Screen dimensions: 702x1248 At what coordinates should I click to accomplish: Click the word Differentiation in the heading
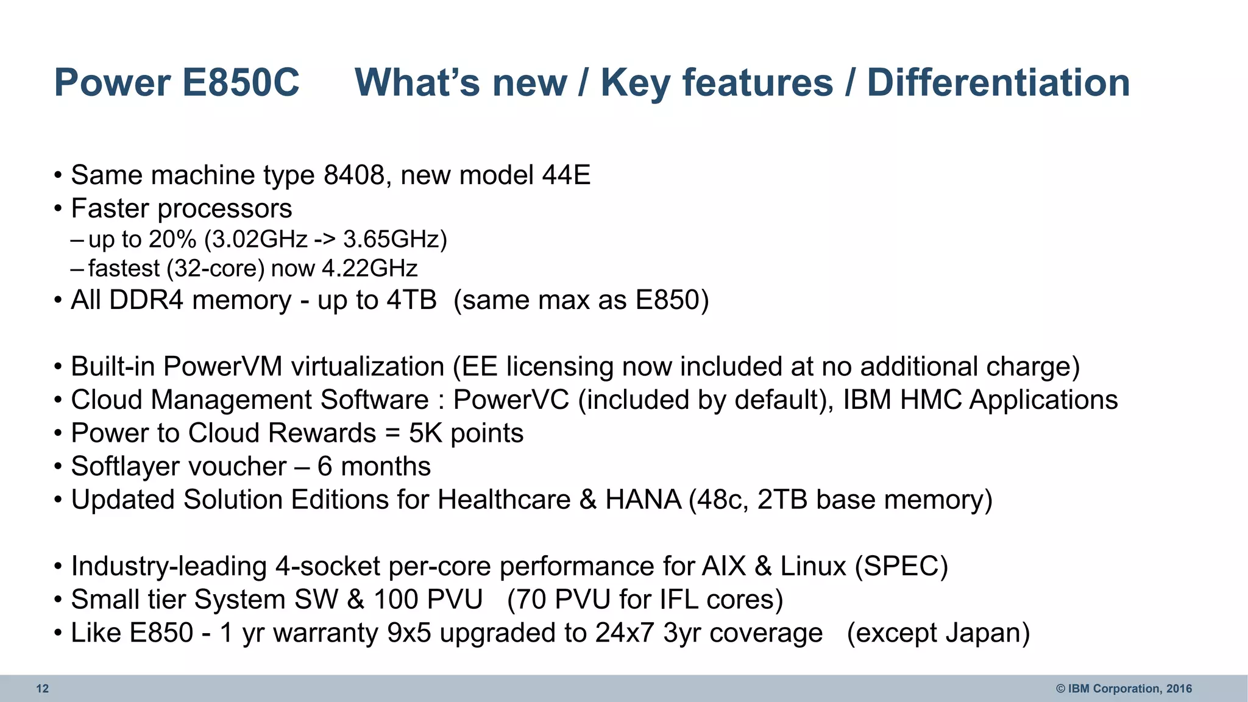[998, 82]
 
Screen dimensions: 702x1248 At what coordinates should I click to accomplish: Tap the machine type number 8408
[354, 175]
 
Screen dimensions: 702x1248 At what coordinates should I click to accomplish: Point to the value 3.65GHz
[395, 239]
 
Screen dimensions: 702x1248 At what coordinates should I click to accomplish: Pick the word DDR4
[146, 300]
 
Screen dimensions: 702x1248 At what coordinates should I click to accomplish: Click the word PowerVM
[223, 367]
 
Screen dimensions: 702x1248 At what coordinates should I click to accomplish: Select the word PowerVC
[511, 400]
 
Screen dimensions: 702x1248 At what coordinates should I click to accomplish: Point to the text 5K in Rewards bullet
[425, 433]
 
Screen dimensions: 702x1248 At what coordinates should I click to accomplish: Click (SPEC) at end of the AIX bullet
[901, 566]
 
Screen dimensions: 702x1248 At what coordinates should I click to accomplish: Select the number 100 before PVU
[395, 600]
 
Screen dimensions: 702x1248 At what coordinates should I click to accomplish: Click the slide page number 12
[42, 689]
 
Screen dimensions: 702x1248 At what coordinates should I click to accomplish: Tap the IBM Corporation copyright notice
[1124, 689]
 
